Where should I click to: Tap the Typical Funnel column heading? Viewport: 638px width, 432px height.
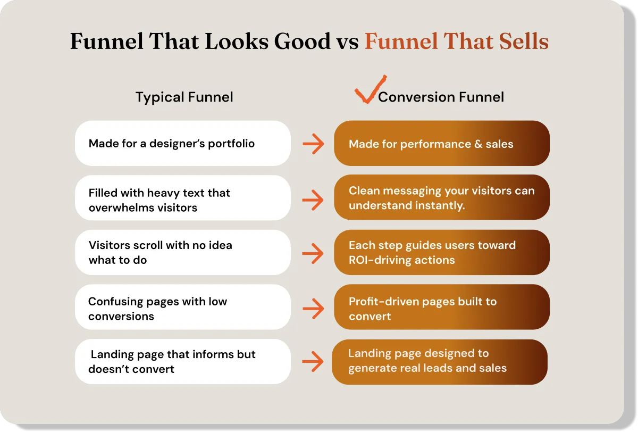[184, 97]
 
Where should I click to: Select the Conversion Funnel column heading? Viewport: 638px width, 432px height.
[441, 97]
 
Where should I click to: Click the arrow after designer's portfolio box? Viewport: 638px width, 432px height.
[313, 144]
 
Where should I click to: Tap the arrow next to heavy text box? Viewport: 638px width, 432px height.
[313, 200]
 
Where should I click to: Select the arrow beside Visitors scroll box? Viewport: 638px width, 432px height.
[313, 253]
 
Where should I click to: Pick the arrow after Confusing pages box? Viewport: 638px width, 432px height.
[313, 307]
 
